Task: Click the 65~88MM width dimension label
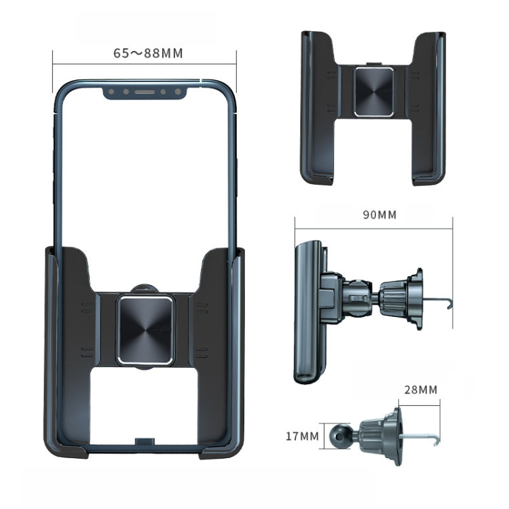point(148,53)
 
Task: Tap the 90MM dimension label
point(379,215)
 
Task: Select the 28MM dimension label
point(419,390)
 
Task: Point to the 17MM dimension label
point(302,435)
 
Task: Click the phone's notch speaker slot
point(145,91)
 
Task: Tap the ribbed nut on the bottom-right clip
point(372,432)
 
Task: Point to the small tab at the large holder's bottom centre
point(143,442)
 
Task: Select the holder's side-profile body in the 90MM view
point(307,312)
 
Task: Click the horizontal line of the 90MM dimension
point(373,229)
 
